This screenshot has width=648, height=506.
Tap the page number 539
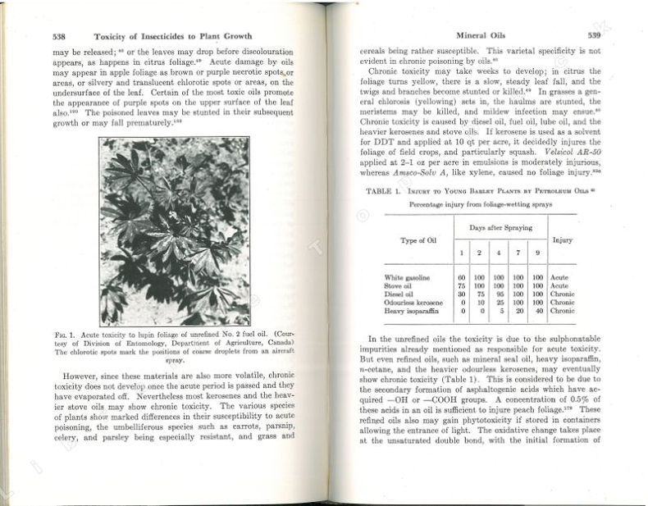point(593,37)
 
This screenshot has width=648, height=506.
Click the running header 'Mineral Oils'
point(480,37)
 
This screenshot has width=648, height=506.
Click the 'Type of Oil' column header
point(418,240)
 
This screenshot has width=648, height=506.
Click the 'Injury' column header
point(563,240)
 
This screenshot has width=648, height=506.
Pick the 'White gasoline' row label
point(407,277)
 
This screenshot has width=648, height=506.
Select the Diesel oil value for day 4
point(499,294)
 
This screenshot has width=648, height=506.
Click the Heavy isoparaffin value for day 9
point(538,311)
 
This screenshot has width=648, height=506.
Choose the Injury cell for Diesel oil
point(563,294)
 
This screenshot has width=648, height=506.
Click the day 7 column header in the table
point(518,253)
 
